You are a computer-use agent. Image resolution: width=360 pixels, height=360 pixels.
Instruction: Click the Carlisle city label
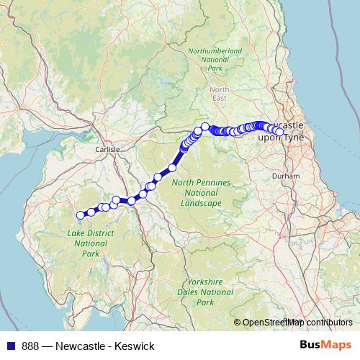click(x=107, y=149)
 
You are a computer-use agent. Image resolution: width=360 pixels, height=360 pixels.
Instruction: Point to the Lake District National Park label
click(x=86, y=244)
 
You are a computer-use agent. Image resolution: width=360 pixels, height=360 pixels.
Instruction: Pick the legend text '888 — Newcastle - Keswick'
click(x=88, y=346)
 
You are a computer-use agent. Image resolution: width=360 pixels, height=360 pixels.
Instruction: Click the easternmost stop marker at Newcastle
click(x=279, y=132)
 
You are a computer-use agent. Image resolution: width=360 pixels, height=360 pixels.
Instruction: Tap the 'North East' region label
click(x=220, y=94)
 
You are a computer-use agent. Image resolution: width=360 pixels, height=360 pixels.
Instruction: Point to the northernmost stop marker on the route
click(x=205, y=127)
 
